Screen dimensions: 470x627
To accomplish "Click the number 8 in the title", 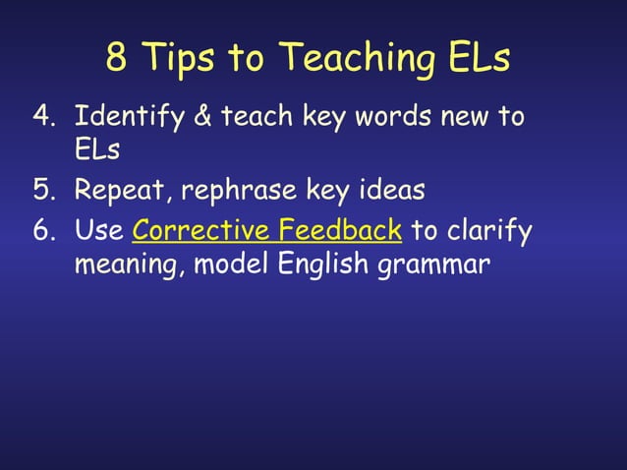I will point(117,58).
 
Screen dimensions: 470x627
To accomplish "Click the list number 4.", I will point(42,118).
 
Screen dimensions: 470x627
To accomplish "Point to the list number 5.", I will point(42,190).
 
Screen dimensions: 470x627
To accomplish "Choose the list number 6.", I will point(42,232).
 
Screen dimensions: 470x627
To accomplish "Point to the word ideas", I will point(384,190).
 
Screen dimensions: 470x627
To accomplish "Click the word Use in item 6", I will point(98,232).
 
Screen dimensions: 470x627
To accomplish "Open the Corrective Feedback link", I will point(266,232).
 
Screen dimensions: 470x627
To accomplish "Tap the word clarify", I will point(489,232).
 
